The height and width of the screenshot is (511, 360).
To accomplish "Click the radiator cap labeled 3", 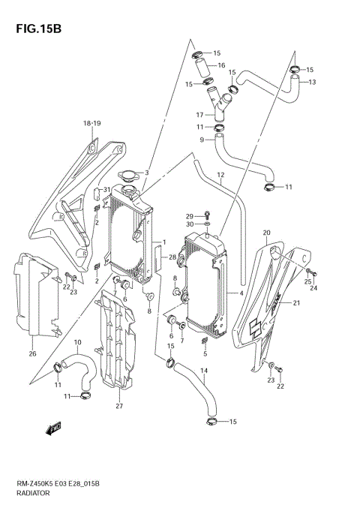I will [132, 176].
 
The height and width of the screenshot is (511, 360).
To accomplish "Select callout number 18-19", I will [91, 122].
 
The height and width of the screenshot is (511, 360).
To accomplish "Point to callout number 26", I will [33, 353].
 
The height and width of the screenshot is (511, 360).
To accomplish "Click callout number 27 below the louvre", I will [118, 407].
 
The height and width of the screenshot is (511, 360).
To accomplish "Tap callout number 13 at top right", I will [313, 82].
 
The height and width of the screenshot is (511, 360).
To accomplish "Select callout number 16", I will [222, 65].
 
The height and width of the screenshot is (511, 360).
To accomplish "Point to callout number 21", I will [296, 303].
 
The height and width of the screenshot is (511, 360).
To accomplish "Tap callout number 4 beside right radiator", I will [241, 293].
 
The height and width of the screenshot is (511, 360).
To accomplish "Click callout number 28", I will [172, 259].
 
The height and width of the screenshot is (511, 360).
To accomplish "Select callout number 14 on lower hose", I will [205, 371].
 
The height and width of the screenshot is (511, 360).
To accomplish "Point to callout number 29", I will [190, 215].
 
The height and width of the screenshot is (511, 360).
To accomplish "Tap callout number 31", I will [108, 189].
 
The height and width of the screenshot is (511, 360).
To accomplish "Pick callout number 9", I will [202, 140].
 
